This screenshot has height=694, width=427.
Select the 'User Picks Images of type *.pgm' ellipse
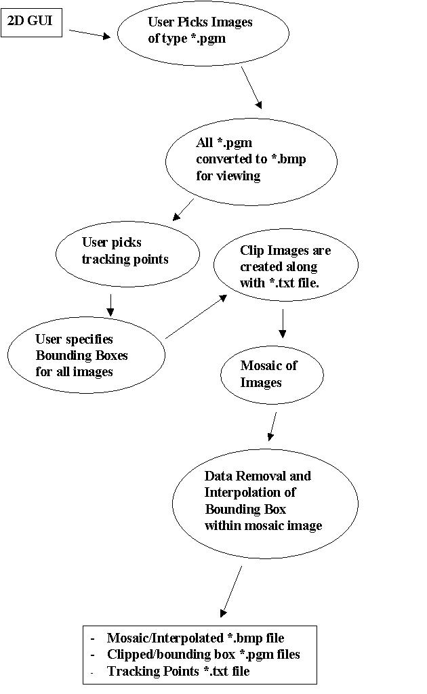coord(203,32)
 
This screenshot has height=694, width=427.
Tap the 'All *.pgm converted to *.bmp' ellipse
coord(251,161)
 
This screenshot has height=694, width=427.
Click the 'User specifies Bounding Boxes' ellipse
coord(86,355)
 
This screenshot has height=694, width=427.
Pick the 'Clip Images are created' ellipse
coord(285,267)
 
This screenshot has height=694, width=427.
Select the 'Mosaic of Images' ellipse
coord(272,374)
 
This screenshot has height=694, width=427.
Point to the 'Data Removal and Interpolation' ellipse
coord(264,500)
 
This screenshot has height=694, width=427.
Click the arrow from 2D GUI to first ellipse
coord(89,33)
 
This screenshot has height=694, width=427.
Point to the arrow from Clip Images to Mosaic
coord(283,323)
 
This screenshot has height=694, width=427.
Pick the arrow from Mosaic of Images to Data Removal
coord(272,425)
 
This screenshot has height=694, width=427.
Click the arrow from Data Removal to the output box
coord(231,590)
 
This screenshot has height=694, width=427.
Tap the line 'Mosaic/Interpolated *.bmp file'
coord(195,638)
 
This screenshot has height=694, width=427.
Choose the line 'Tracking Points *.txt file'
coord(178,671)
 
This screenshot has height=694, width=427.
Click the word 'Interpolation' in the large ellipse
coord(250,492)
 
